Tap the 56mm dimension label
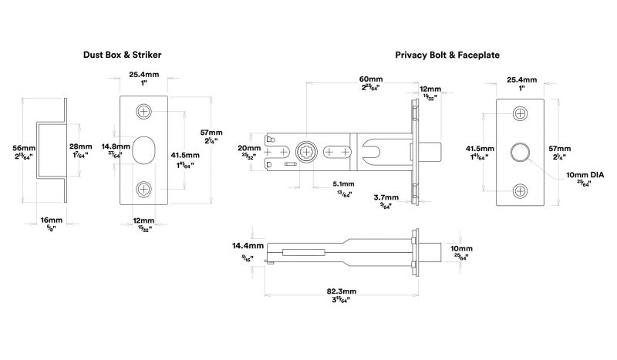click(x=24, y=146)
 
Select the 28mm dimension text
click(x=79, y=146)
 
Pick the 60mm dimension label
click(x=370, y=79)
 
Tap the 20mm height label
click(x=248, y=148)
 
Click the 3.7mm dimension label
click(x=386, y=198)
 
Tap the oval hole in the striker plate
click(x=144, y=150)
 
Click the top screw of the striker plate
click(x=144, y=112)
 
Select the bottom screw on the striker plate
click(x=144, y=189)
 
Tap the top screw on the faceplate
click(x=521, y=113)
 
